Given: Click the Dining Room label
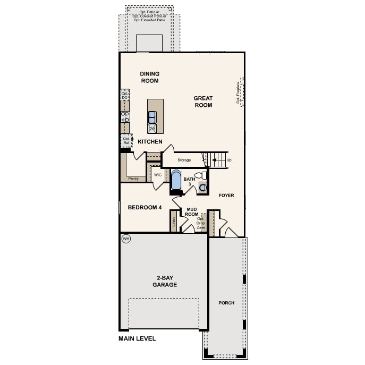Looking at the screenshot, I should point(149,77).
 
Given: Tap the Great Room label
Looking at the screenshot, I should point(202,101).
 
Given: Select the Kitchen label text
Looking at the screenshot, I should point(150,142).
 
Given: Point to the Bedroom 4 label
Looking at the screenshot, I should point(145,207).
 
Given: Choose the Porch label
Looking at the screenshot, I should point(226,303).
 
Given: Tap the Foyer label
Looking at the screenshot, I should point(226,196).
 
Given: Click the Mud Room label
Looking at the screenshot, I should point(192,211).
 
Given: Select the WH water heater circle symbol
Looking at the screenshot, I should point(126,239).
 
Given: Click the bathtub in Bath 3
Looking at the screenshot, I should point(176,181).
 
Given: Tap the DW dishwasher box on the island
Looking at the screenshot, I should point(152,129).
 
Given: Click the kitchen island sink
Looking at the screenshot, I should point(152,117).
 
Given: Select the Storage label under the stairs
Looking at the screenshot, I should point(184,160).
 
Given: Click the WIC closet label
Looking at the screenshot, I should point(158,174).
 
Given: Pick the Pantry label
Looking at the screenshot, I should point(133,179).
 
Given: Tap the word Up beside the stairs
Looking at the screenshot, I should point(229,160).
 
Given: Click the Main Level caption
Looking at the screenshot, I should point(137,338).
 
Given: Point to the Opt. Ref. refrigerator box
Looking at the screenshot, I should point(126,141).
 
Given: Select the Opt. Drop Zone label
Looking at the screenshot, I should point(200,223).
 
